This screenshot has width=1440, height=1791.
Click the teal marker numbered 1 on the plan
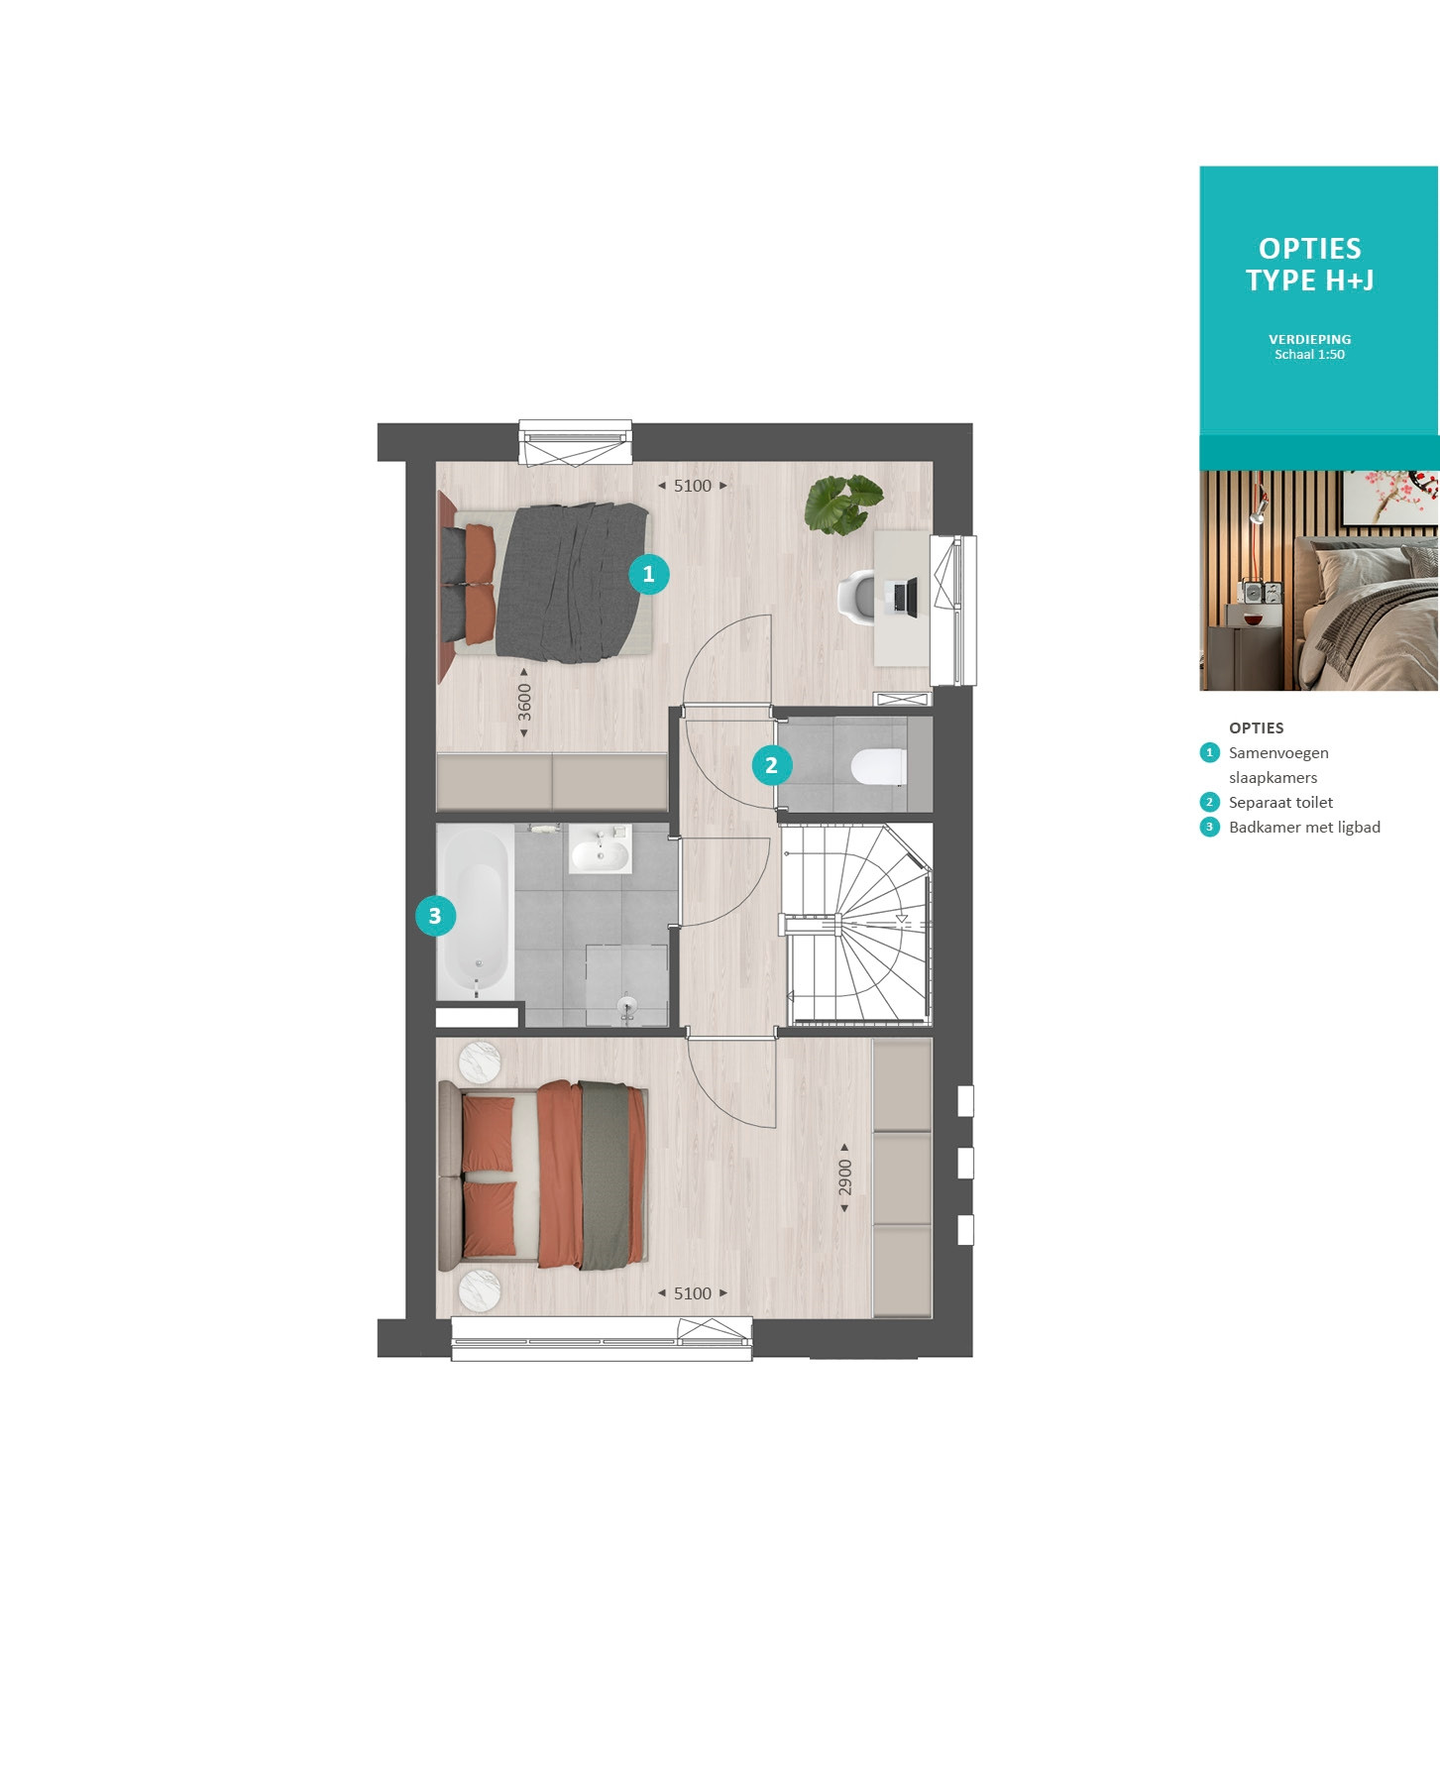649,574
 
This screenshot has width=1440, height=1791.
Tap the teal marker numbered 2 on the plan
772,765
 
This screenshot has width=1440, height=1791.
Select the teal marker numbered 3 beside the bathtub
435,916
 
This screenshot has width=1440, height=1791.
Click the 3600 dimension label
524,703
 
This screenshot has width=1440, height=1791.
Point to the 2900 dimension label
844,1178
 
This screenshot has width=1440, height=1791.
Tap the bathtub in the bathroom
476,912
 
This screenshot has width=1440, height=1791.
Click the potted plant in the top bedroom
843,504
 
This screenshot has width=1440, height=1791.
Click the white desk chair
857,598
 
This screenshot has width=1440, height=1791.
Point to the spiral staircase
858,924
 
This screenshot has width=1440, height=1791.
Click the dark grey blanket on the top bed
573,582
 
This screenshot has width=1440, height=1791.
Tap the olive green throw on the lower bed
605,1175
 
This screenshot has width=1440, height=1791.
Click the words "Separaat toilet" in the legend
1280,803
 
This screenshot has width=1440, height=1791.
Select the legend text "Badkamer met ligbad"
1304,828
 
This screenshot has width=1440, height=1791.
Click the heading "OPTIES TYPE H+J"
1310,265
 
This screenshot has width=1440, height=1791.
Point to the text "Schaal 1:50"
1309,355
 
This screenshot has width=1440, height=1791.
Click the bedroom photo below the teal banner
1319,581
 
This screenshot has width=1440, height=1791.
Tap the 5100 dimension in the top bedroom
693,486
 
